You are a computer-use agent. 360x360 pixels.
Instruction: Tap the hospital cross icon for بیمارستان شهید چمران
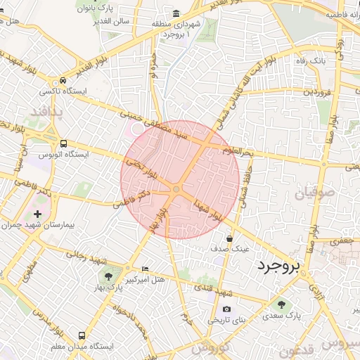pos(37,214)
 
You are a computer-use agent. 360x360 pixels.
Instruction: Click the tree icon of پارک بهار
pos(108,275)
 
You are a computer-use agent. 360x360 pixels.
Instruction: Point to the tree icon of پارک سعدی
pos(282,304)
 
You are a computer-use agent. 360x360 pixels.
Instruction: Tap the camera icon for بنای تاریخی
pos(226,309)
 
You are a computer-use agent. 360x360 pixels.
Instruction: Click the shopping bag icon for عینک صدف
pos(229,239)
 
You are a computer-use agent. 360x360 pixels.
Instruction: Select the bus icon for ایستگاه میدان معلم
pos(82,336)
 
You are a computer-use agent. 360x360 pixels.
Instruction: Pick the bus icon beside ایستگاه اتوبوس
pos(64,143)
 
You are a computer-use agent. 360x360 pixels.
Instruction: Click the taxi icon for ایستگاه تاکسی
pos(64,81)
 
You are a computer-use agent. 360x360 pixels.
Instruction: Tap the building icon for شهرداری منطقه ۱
pos(175,14)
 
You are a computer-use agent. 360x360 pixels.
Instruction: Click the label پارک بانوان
pos(96,8)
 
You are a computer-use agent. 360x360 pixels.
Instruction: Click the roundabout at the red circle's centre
pos(176,188)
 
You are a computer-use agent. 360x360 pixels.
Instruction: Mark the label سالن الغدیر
pos(107,21)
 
